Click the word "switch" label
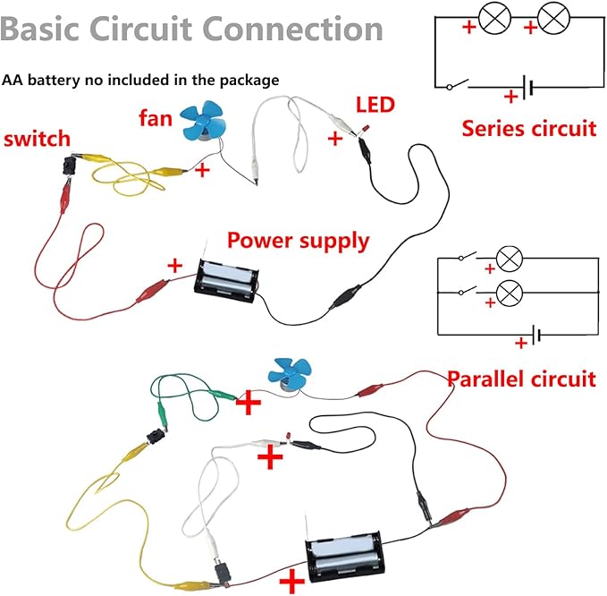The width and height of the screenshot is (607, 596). pos(38,140)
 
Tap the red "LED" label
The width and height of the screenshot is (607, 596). pos(375,106)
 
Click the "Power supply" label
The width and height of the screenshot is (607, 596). pos(297,241)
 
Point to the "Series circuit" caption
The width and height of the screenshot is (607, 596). pos(528,128)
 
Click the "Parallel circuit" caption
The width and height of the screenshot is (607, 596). pos(521,379)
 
